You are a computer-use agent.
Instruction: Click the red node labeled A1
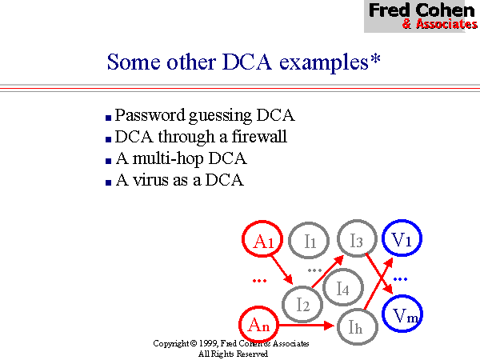click(264, 239)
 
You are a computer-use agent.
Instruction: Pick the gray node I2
click(303, 303)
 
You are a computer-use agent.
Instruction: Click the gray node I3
click(356, 238)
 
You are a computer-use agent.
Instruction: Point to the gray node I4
click(342, 288)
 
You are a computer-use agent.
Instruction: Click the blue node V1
click(403, 238)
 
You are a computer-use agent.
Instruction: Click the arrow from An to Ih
click(307, 326)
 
